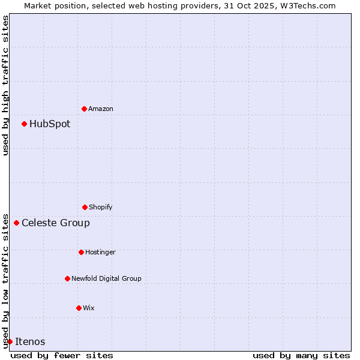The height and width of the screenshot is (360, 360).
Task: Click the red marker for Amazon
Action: coord(84,109)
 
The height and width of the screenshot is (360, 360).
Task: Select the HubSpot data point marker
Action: coord(24,124)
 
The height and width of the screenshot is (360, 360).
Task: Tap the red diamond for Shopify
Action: coord(85,207)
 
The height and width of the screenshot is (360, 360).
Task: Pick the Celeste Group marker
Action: coord(16,223)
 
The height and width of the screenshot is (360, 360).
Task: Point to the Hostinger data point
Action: coord(81,252)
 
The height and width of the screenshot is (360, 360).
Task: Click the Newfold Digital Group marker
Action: coord(67,278)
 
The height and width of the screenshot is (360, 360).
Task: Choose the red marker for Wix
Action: coord(79,308)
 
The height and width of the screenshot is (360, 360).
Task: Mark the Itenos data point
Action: coord(10,341)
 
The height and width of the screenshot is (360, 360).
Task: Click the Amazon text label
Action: coord(101,109)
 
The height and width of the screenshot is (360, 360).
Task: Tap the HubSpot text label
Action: coord(50,124)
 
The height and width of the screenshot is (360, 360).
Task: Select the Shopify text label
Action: coord(101,207)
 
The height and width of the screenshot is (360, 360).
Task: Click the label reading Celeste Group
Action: coord(56,223)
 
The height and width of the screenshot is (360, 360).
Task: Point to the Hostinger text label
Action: coord(100,252)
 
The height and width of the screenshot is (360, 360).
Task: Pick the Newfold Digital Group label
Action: coord(106,278)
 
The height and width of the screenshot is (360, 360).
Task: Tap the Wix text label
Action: coord(89,308)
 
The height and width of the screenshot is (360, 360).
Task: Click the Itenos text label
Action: coord(30,341)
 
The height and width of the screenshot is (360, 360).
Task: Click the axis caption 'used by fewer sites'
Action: coord(62,355)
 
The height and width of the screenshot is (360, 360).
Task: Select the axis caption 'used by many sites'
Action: coord(301,355)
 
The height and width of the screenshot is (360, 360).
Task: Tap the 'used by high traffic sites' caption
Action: coord(5,85)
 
